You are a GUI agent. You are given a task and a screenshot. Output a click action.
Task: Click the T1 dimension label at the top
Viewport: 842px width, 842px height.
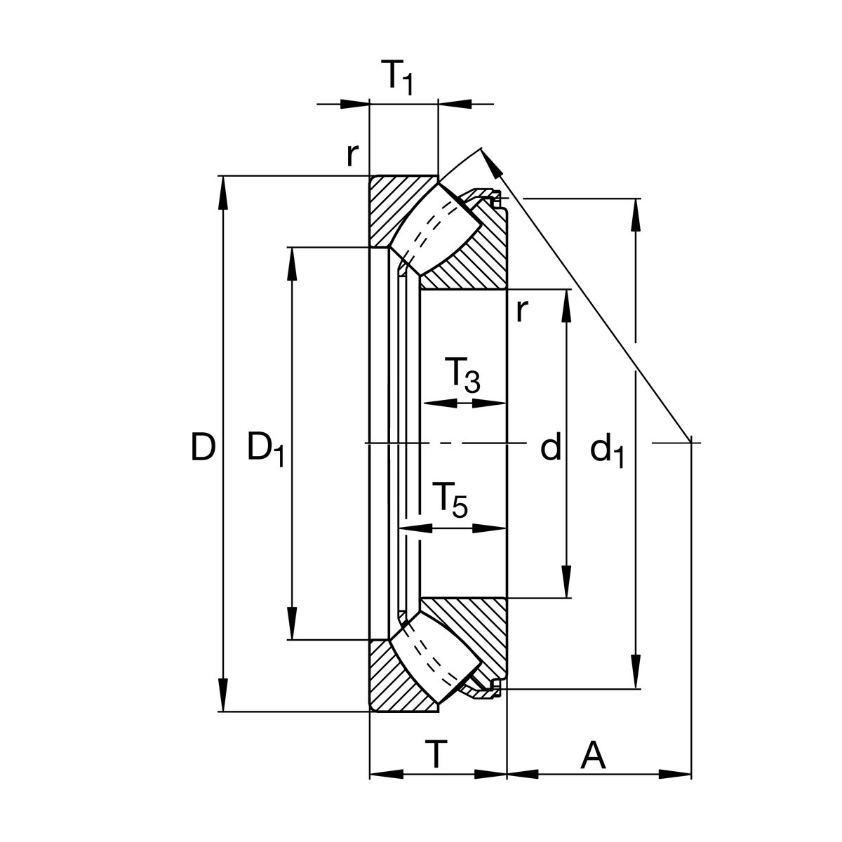point(398,76)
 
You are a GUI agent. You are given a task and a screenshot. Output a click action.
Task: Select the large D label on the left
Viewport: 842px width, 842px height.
point(202,448)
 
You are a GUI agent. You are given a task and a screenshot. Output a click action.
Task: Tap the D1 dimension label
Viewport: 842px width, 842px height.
point(265,449)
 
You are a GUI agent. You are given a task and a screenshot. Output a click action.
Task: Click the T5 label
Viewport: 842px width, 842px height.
point(449,500)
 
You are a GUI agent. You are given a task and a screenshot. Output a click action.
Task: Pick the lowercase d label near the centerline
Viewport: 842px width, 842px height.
point(551,448)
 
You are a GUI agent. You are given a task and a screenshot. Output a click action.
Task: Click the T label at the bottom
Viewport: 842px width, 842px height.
point(436,756)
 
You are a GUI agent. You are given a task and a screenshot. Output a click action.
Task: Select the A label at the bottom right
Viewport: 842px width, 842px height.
point(593,756)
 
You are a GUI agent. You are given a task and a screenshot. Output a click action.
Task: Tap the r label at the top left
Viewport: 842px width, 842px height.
point(352,155)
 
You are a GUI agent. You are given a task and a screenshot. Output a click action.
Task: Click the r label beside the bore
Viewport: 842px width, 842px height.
point(520,310)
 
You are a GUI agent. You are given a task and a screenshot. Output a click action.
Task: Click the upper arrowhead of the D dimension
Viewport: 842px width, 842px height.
point(223,193)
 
